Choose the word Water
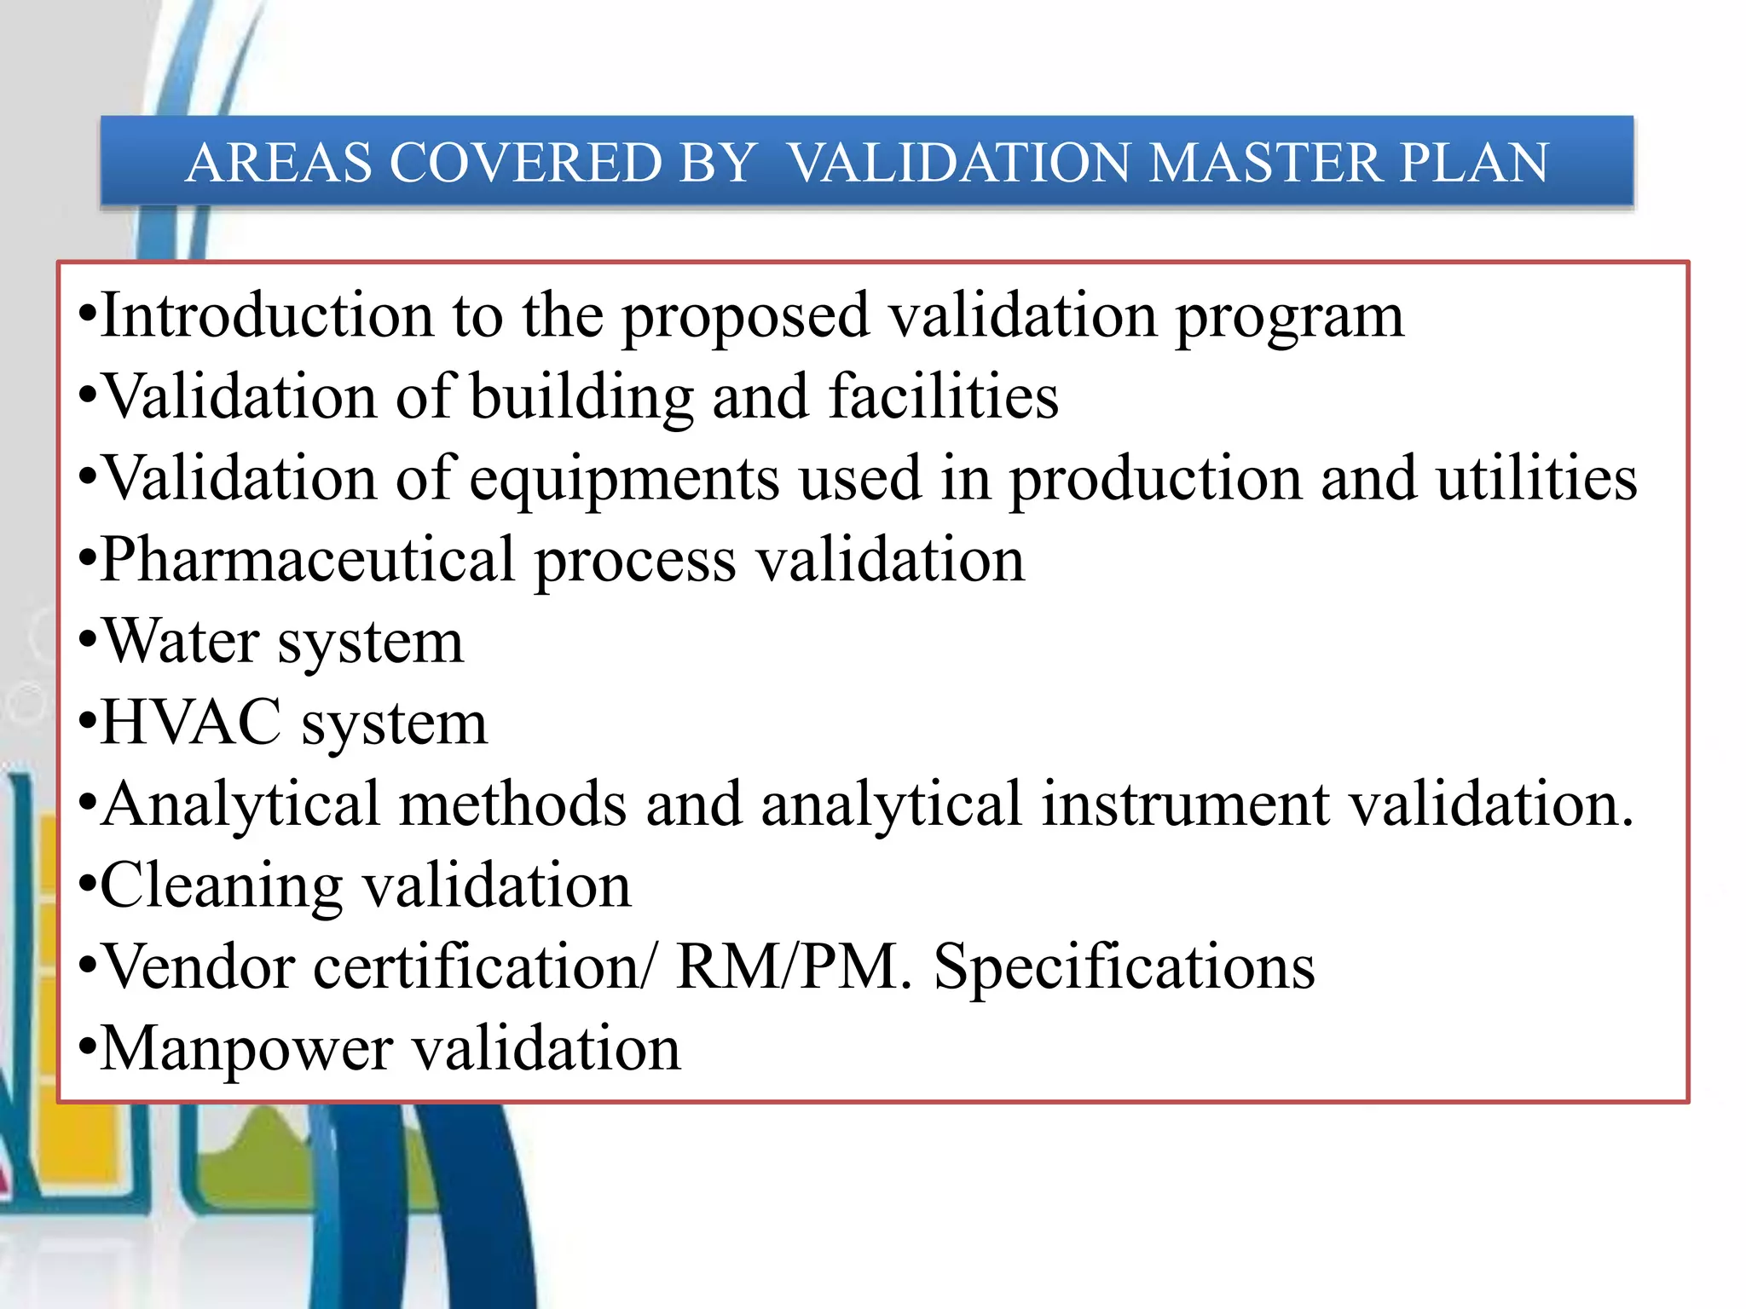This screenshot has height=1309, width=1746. [x=181, y=642]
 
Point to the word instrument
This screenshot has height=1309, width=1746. [x=1186, y=804]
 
